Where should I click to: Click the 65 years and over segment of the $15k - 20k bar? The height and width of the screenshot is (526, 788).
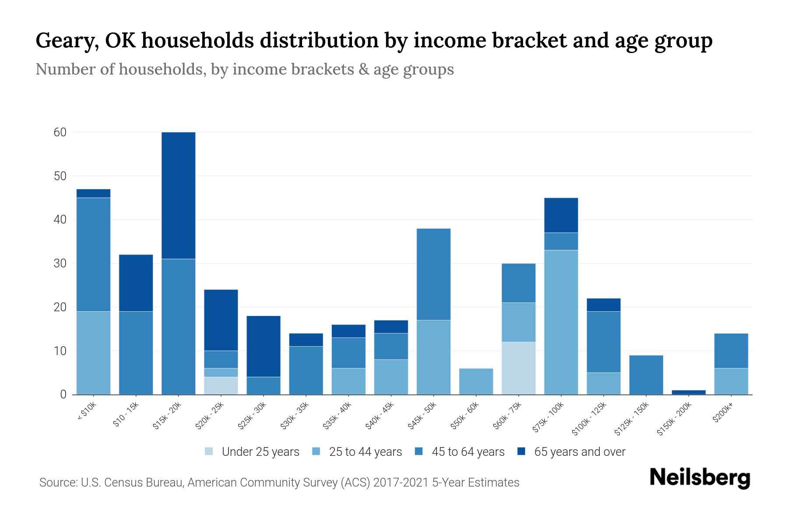[178, 195]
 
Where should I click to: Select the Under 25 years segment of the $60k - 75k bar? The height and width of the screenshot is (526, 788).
[518, 368]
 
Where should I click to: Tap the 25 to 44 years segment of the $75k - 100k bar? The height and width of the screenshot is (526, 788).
[561, 322]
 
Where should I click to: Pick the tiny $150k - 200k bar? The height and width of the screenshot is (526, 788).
[689, 392]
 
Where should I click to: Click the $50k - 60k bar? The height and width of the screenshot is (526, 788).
[476, 381]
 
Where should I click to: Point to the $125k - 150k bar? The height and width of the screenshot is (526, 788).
[646, 375]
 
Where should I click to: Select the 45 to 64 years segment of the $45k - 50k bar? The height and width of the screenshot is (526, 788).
[433, 274]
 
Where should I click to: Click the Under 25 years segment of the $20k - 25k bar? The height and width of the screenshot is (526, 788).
[221, 386]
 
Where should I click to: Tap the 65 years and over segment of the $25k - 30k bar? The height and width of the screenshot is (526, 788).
[263, 346]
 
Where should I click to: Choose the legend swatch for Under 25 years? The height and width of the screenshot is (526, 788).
[209, 451]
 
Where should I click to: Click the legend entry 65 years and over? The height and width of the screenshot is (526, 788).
[579, 451]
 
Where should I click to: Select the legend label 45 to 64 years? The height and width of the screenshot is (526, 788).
[468, 451]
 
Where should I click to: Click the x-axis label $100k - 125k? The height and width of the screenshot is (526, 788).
[589, 419]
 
